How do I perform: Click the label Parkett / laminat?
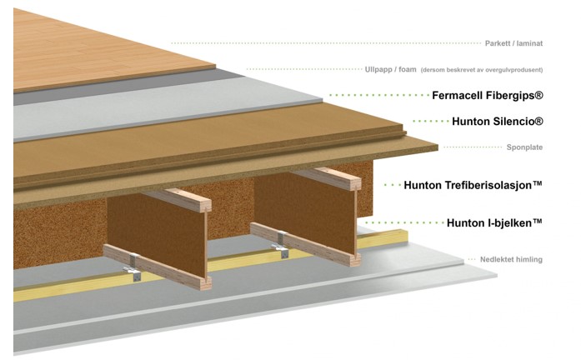point(513,43)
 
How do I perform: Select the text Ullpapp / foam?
point(391,69)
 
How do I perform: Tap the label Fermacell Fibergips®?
point(488,95)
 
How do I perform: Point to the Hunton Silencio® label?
point(498,121)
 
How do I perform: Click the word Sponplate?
point(524,147)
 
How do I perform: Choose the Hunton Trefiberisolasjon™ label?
point(473,185)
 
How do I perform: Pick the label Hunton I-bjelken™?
point(494,222)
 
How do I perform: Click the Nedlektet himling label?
point(511,259)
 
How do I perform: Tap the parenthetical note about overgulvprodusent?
point(481,70)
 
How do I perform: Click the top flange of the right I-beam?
point(327,178)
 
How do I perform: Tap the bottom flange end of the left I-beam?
point(206,283)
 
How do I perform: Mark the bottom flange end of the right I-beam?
point(355,259)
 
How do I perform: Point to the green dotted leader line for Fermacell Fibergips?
point(379,95)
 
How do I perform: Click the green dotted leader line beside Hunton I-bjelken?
point(403,222)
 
